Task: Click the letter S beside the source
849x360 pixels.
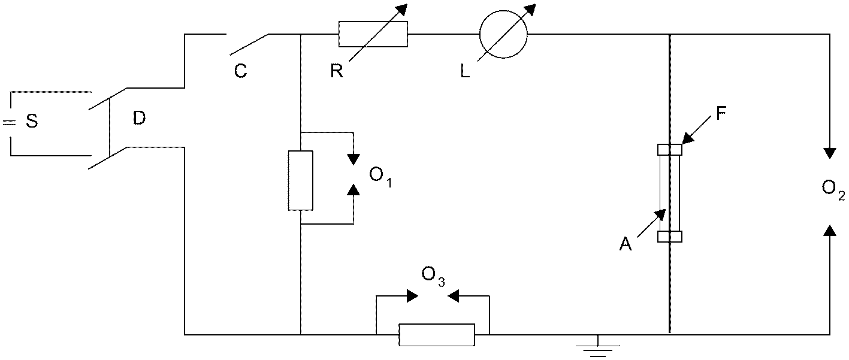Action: (x=32, y=121)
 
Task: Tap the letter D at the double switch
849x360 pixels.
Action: (x=139, y=118)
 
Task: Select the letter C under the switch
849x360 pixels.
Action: (x=241, y=71)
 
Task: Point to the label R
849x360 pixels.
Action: (x=337, y=71)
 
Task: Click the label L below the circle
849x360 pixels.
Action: (x=465, y=71)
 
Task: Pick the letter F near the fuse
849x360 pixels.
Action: (x=721, y=114)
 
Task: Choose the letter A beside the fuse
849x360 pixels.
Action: (x=626, y=244)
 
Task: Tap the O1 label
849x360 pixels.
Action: (x=380, y=177)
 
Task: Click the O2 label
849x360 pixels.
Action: (x=833, y=190)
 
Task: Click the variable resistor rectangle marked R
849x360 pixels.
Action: (x=373, y=34)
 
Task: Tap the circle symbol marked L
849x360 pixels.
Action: (x=503, y=34)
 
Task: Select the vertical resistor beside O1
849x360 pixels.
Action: (x=301, y=180)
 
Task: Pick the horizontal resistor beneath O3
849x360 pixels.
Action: (x=437, y=335)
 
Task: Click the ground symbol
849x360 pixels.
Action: (x=597, y=349)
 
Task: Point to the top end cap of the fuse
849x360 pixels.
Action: (x=670, y=150)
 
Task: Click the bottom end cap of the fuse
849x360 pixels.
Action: (x=670, y=237)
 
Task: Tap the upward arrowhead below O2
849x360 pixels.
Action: (x=830, y=230)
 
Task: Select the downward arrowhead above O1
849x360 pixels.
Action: (x=354, y=159)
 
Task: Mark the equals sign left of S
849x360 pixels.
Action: (x=9, y=123)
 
